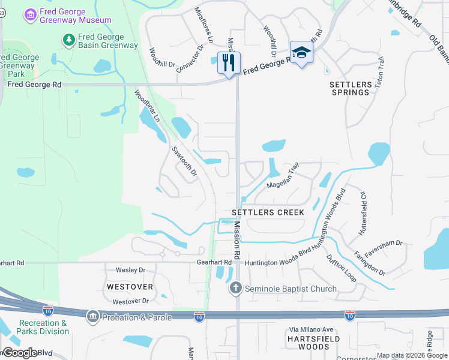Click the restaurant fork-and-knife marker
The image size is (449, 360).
(x=229, y=62)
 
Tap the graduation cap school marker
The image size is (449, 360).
(x=301, y=52)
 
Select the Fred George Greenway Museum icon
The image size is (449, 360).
(x=29, y=14)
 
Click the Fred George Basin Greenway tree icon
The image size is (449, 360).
(x=69, y=40)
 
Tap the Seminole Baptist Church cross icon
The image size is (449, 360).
(x=236, y=289)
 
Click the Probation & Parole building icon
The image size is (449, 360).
(x=92, y=316)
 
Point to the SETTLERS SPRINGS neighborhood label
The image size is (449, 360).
(x=350, y=88)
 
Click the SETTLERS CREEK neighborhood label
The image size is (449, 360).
(x=268, y=212)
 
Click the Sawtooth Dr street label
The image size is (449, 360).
(x=184, y=161)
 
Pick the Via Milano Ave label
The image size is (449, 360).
(x=311, y=329)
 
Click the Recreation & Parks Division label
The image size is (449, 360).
(x=43, y=327)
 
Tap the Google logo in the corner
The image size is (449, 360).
(x=19, y=353)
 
